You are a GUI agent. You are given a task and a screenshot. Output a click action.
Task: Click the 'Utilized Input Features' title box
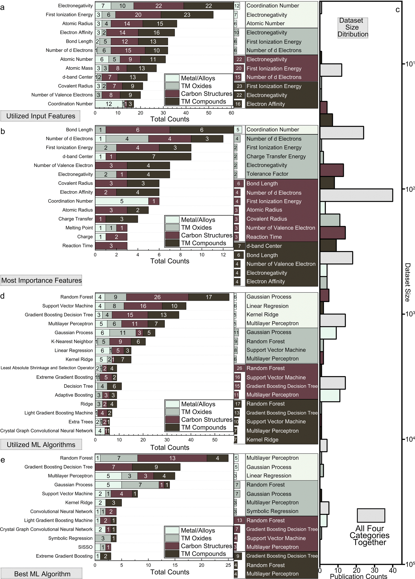[40, 116]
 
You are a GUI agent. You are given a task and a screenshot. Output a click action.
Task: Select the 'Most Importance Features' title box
[41, 280]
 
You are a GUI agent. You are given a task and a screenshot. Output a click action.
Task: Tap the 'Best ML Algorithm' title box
[42, 574]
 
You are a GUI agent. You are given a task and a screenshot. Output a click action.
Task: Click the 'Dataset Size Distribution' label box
[353, 28]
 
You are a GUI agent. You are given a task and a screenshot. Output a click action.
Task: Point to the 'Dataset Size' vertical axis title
[407, 282]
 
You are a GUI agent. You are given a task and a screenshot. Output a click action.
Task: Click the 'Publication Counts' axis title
[358, 576]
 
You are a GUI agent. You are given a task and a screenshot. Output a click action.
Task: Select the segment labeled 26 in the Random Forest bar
[157, 297]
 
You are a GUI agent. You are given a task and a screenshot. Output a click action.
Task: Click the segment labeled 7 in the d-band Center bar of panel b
[154, 157]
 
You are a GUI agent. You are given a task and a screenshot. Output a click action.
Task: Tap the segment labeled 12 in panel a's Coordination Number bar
[109, 104]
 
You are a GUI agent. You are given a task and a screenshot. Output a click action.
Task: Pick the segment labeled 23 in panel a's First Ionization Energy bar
[187, 15]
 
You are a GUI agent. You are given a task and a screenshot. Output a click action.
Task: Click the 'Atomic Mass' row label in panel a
[79, 68]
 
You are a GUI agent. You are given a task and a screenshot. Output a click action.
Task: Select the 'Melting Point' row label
[79, 228]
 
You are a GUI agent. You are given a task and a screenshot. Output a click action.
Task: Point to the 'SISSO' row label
[85, 547]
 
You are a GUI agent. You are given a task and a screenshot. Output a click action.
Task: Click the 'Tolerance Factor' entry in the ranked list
[267, 174]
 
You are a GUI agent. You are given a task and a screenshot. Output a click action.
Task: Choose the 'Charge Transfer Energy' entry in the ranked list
[276, 157]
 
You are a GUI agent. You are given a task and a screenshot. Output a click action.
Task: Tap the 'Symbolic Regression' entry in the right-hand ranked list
[272, 511]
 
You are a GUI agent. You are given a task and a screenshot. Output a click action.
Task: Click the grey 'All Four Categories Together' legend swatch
[371, 515]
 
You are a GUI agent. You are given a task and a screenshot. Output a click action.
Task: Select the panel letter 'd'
[3, 296]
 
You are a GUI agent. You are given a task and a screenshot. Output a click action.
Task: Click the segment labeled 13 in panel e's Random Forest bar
[172, 458]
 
